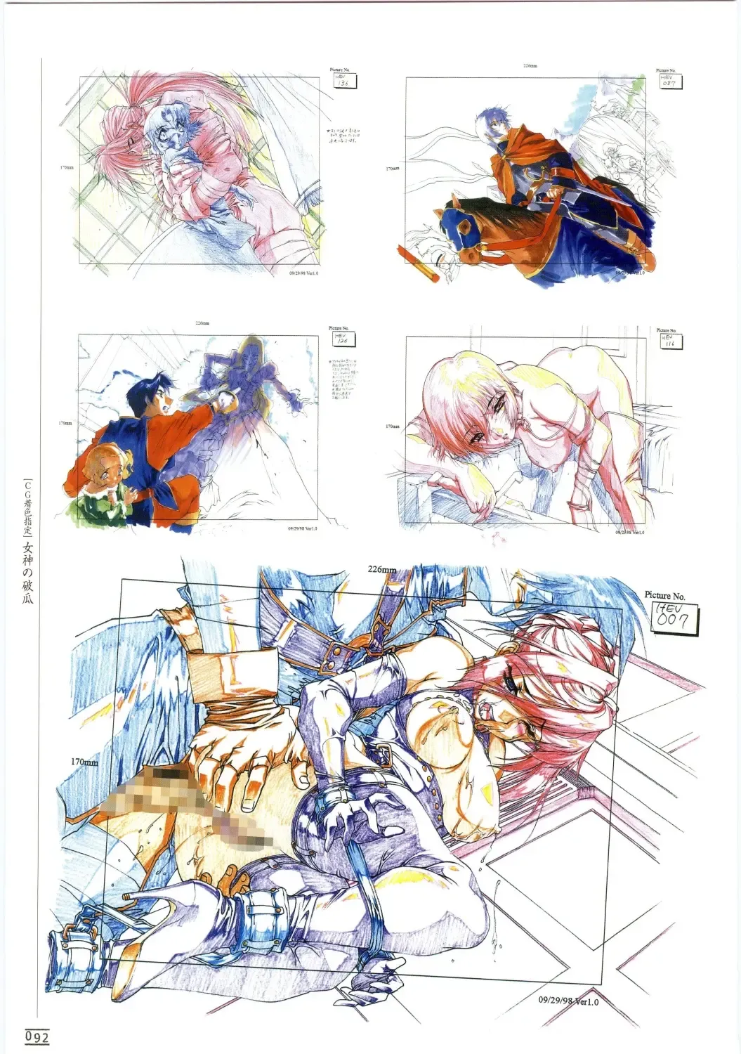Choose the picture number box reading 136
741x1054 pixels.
click(342, 83)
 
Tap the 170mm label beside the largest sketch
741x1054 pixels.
click(84, 762)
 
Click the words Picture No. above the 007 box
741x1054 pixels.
click(664, 595)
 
